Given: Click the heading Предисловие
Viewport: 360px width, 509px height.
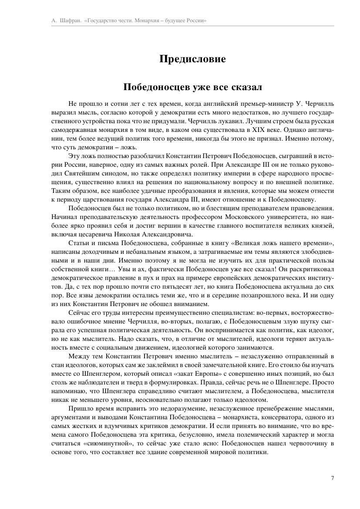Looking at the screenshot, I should [x=192, y=59].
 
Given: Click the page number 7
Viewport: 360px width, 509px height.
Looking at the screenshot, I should [x=333, y=478].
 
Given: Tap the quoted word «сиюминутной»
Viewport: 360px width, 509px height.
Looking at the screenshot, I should [x=101, y=443].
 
